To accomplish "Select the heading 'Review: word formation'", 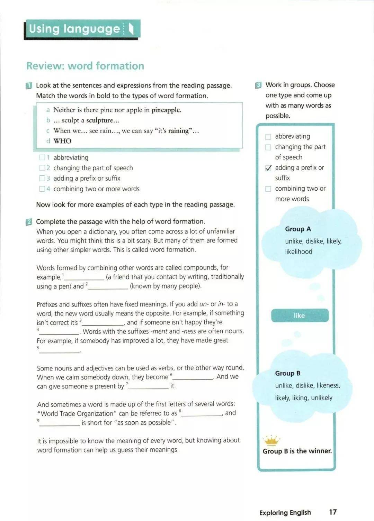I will tap(85, 66).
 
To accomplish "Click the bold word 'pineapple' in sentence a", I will tap(166, 110).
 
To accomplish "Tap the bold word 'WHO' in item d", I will tap(62, 141).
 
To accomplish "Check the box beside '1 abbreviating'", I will tap(42, 158).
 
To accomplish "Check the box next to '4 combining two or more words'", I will tap(42, 189).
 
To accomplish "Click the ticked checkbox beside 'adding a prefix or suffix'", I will tap(268, 168).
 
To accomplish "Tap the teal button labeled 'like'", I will tap(300, 316).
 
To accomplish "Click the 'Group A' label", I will tap(298, 229).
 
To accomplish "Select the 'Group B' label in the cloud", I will tap(288, 373).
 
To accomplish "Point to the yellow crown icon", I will tap(271, 440).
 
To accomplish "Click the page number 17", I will tap(332, 512).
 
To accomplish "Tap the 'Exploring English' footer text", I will tap(285, 513).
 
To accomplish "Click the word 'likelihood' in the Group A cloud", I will tap(299, 252).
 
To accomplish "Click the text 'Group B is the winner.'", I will tap(297, 451).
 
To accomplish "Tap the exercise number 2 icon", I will tap(29, 222).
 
